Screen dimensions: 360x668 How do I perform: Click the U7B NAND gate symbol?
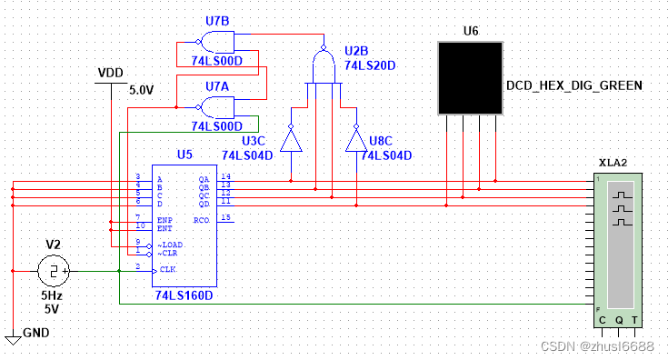click(217, 40)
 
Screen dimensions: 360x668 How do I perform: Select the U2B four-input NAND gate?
click(324, 65)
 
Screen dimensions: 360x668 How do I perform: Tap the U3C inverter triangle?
click(291, 138)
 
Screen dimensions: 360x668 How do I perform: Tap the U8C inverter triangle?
click(356, 138)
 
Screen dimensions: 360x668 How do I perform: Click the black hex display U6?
click(471, 77)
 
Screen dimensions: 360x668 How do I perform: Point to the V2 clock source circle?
click(55, 271)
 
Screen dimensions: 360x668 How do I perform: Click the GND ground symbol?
click(13, 339)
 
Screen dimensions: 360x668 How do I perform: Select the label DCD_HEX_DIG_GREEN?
click(573, 85)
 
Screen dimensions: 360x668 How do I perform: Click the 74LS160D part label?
click(184, 296)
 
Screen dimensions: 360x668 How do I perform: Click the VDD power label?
click(111, 73)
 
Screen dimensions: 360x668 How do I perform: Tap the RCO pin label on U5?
click(202, 220)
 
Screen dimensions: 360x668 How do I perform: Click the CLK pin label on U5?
click(167, 269)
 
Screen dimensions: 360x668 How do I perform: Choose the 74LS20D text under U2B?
click(370, 66)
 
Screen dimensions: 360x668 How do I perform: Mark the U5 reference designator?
click(184, 155)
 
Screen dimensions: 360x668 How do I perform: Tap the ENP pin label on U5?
click(165, 220)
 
